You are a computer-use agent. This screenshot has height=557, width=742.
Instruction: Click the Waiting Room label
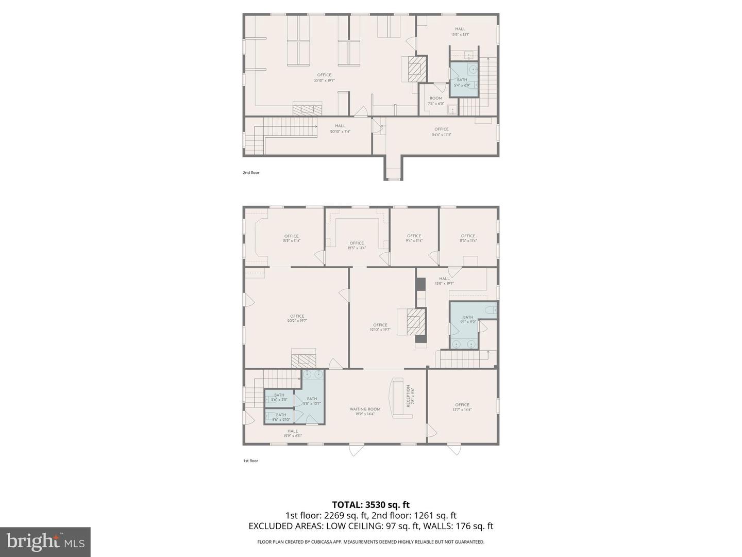(365, 412)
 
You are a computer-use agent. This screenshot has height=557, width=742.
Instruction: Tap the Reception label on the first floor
(410, 396)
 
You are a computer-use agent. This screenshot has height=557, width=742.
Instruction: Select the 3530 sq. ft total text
(371, 505)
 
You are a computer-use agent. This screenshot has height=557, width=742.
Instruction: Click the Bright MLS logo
(45, 542)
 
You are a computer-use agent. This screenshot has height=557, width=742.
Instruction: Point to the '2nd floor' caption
(251, 173)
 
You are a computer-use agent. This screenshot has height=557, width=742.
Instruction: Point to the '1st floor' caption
(250, 461)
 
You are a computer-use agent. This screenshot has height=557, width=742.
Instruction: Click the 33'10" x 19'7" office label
(325, 78)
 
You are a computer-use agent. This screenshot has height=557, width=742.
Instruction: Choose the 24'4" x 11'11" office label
(442, 132)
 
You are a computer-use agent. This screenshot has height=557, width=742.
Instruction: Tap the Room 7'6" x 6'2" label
(436, 101)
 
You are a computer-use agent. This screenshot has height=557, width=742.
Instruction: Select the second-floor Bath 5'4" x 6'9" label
(462, 83)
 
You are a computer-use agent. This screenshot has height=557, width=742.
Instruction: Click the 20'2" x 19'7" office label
(297, 318)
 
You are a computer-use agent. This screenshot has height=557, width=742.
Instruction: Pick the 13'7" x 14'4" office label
(462, 407)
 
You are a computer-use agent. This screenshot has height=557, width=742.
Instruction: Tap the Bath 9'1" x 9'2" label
(468, 320)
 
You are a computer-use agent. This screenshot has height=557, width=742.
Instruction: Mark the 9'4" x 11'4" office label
(414, 238)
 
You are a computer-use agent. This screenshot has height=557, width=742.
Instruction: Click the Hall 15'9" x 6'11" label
(293, 433)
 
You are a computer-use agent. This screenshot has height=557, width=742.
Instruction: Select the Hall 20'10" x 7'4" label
(340, 128)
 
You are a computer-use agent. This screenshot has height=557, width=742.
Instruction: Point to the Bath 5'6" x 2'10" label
(281, 417)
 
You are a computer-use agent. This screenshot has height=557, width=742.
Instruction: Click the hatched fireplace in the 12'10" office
(416, 321)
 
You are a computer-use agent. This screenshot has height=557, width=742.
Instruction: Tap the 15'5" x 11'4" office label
(291, 238)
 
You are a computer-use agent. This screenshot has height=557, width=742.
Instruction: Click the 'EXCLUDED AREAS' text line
(371, 526)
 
